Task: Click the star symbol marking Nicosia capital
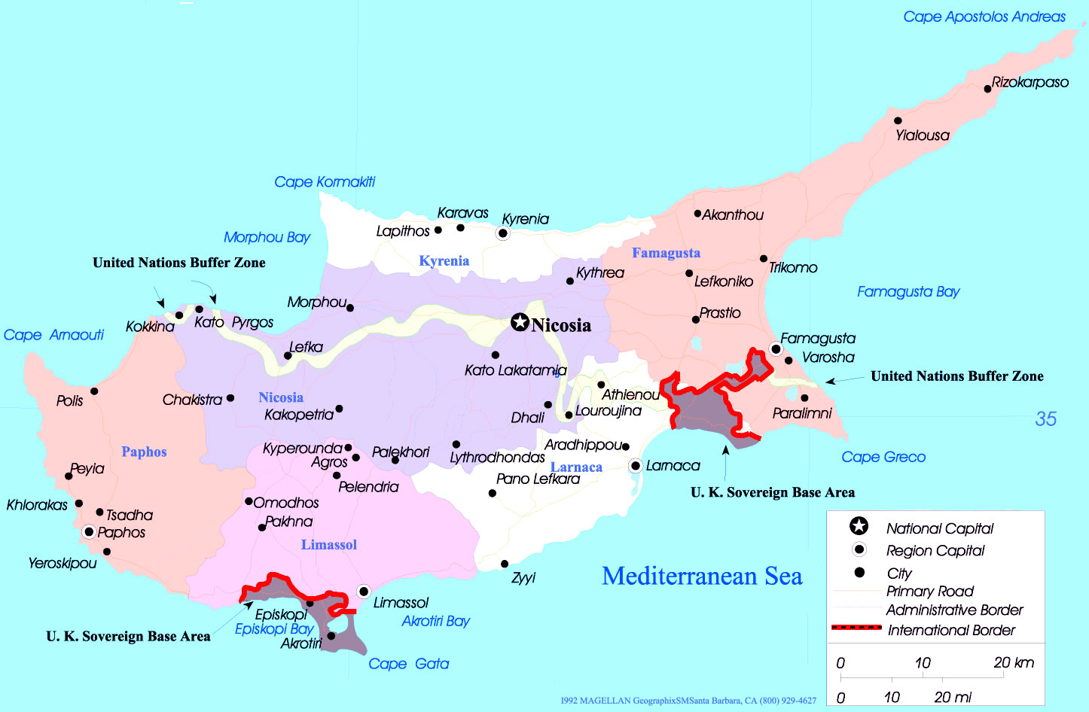pyautogui.click(x=520, y=323)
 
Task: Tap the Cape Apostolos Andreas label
pyautogui.click(x=984, y=17)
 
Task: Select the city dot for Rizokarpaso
pyautogui.click(x=987, y=89)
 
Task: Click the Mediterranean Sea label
pyautogui.click(x=702, y=577)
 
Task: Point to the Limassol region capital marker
pyautogui.click(x=364, y=591)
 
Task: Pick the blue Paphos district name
pyautogui.click(x=144, y=452)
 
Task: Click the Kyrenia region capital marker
pyautogui.click(x=502, y=234)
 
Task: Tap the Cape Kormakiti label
pyautogui.click(x=324, y=182)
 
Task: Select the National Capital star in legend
pyautogui.click(x=859, y=527)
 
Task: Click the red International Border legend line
pyautogui.click(x=856, y=627)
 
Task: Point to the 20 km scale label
pyautogui.click(x=1013, y=663)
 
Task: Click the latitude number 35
pyautogui.click(x=1045, y=419)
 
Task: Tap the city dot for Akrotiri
pyautogui.click(x=331, y=636)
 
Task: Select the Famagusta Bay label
pyautogui.click(x=908, y=292)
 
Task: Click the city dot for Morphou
pyautogui.click(x=349, y=307)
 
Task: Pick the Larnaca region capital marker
pyautogui.click(x=636, y=466)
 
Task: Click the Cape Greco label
pyautogui.click(x=883, y=457)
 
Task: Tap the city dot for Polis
pyautogui.click(x=94, y=391)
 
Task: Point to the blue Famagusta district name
pyautogui.click(x=666, y=253)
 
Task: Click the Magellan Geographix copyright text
pyautogui.click(x=688, y=701)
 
